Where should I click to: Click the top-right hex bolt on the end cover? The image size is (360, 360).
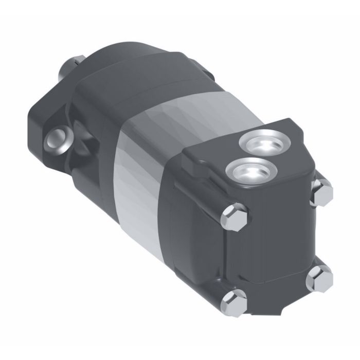[322, 191]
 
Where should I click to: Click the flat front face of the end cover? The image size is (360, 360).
[278, 242]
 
